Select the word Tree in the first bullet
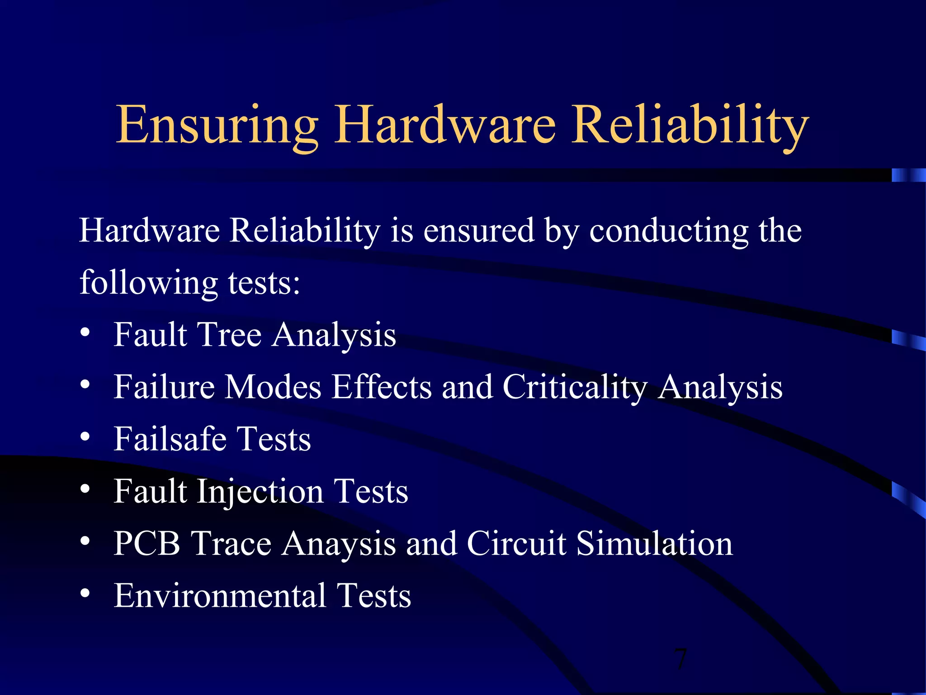click(230, 335)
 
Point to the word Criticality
click(575, 387)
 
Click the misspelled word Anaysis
click(339, 544)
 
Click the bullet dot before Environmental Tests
click(85, 593)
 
